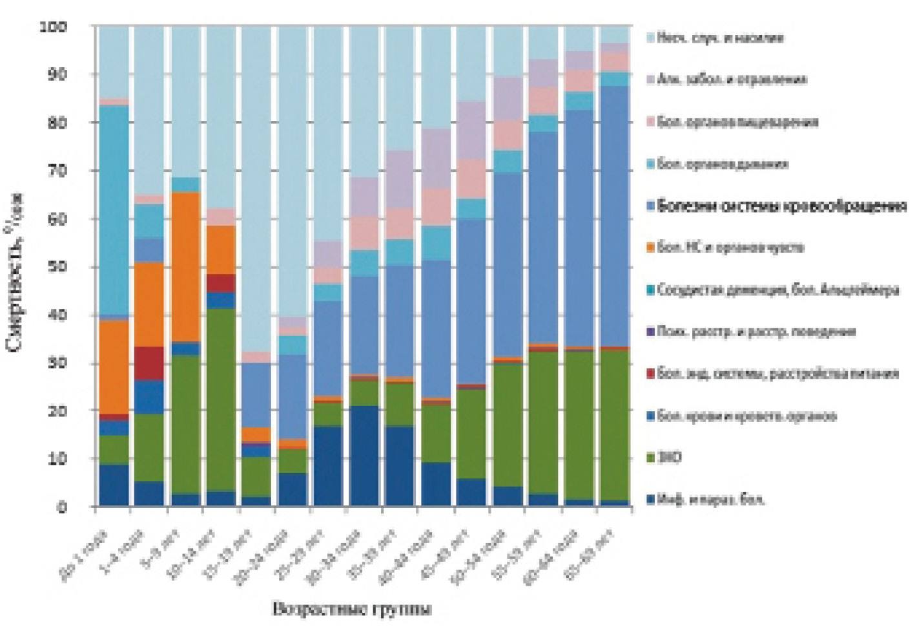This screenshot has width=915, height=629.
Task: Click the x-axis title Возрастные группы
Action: tap(352, 609)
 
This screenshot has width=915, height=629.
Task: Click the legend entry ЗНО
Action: tap(669, 458)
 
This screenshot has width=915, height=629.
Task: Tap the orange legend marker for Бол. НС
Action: tap(650, 248)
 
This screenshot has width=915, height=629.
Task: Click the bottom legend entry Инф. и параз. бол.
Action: tap(710, 499)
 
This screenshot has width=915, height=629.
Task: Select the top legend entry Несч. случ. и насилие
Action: tap(720, 37)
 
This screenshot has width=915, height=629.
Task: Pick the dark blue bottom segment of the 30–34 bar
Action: tap(365, 456)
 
